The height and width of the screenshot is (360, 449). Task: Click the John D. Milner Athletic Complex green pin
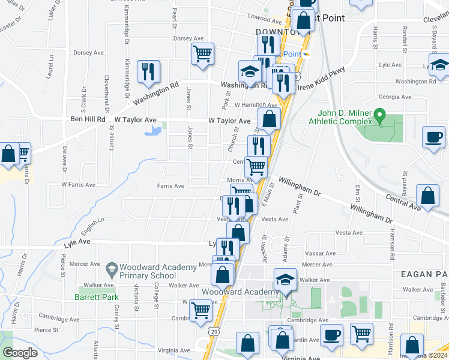pyautogui.click(x=379, y=115)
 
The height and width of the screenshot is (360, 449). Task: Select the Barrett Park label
pyautogui.click(x=97, y=296)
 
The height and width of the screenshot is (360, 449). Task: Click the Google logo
pyautogui.click(x=20, y=353)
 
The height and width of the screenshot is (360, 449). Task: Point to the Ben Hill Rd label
pyautogui.click(x=88, y=119)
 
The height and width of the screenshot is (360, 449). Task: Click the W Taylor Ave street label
pyautogui.click(x=229, y=121)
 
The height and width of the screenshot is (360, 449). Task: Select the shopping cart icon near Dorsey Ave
pyautogui.click(x=202, y=53)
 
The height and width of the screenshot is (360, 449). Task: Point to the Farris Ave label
pyautogui.click(x=170, y=186)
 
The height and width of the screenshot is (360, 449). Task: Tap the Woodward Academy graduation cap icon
pyautogui.click(x=285, y=280)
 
